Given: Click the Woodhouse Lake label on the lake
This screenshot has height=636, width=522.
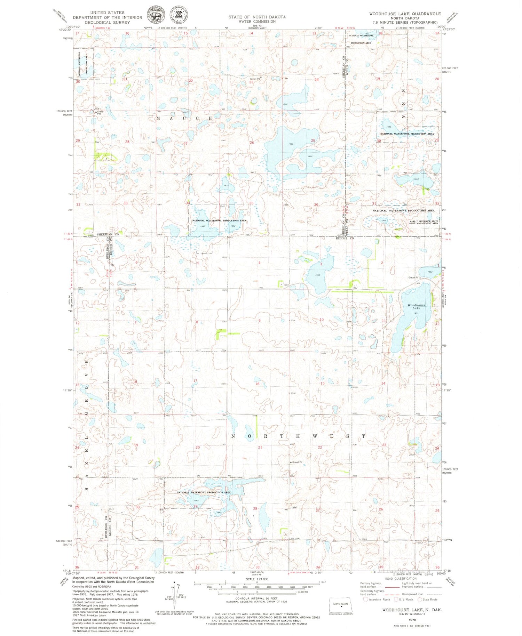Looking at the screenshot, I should pyautogui.click(x=416, y=306).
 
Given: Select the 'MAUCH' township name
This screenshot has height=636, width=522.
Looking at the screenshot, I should pyautogui.click(x=184, y=118).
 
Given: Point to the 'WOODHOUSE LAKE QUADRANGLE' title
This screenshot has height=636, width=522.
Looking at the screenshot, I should pyautogui.click(x=405, y=14).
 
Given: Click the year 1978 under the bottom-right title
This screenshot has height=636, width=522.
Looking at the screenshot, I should pyautogui.click(x=412, y=620).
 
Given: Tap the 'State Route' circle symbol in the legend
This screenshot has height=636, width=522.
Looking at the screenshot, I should pyautogui.click(x=419, y=599).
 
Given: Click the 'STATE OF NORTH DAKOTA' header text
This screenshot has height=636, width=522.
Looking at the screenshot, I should pyautogui.click(x=257, y=17).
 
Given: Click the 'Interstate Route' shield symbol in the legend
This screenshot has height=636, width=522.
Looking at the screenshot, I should pyautogui.click(x=365, y=599).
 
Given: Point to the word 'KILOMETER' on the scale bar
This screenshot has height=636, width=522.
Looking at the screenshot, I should pyautogui.click(x=301, y=591).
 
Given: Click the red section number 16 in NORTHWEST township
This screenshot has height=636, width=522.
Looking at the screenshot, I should pyautogui.click(x=257, y=384).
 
